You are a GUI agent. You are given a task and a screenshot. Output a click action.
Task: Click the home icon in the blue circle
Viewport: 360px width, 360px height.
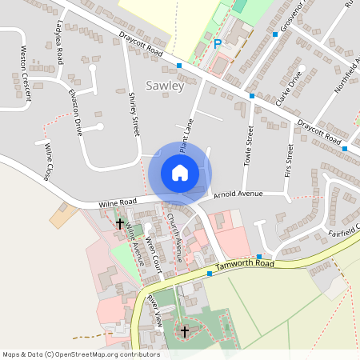[180, 173]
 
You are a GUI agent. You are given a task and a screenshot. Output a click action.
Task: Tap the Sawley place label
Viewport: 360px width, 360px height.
[165, 85]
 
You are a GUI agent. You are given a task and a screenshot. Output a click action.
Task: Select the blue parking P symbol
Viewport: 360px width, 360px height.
[218, 45]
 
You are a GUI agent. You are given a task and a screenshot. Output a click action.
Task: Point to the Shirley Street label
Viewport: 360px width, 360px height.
[134, 112]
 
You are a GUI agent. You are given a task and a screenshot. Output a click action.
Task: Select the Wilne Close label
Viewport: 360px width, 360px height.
[49, 161]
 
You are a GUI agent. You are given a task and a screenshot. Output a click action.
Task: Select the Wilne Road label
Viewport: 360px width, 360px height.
[118, 204]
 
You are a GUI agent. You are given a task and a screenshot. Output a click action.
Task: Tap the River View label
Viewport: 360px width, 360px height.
[154, 310]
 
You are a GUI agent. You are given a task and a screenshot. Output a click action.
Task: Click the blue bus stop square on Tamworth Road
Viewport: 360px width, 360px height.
[210, 274]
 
